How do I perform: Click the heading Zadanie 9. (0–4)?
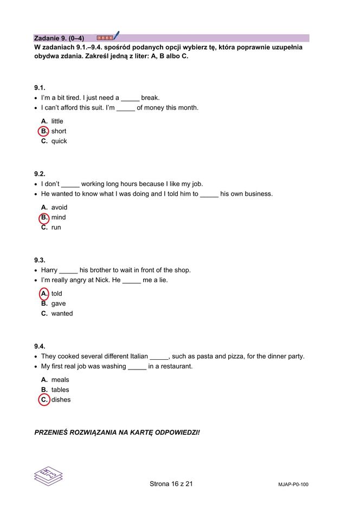click(x=59, y=38)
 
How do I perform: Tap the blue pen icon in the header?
click(x=116, y=36)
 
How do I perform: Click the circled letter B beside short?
click(x=44, y=131)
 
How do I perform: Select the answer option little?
click(x=57, y=121)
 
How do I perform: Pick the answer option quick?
click(x=59, y=141)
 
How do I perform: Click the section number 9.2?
click(x=40, y=174)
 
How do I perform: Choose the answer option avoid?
click(x=59, y=207)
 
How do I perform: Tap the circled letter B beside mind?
click(x=44, y=218)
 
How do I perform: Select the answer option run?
click(x=56, y=227)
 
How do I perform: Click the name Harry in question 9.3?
click(x=49, y=270)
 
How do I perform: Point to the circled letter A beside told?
click(x=44, y=294)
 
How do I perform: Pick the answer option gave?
click(x=58, y=304)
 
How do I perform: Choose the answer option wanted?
click(x=62, y=314)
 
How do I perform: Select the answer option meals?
click(x=60, y=380)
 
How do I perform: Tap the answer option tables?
click(x=60, y=390)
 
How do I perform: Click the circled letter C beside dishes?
click(x=44, y=400)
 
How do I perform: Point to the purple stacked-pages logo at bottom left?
click(x=48, y=476)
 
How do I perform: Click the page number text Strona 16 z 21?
click(x=171, y=484)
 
